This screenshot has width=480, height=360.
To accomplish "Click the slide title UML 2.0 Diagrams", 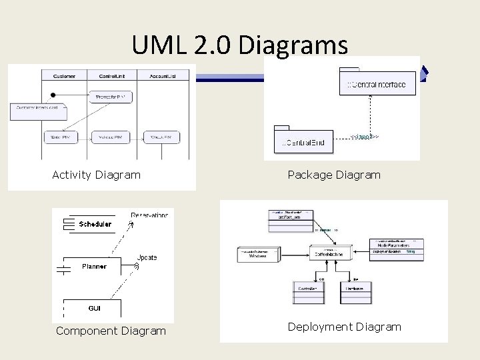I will [x=240, y=45].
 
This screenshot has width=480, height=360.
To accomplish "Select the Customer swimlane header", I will [x=64, y=75].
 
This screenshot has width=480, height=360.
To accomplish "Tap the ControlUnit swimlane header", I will [x=113, y=75].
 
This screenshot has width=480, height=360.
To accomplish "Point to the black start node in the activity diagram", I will [x=54, y=95].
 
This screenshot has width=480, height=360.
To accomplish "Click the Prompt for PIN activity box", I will [x=113, y=97].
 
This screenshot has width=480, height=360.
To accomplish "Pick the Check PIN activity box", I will [x=162, y=137].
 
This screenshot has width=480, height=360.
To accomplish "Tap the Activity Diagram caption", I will [x=97, y=175].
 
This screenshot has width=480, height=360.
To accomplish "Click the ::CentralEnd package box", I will [x=303, y=141].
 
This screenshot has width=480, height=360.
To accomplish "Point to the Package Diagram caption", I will [x=334, y=175].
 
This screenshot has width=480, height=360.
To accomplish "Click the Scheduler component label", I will [x=95, y=224].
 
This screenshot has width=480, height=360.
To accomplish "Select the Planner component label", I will [x=94, y=266].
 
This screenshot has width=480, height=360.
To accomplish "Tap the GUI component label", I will [x=95, y=308].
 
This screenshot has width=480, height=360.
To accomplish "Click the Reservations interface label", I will [x=150, y=215].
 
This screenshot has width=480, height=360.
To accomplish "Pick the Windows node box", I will [x=257, y=254].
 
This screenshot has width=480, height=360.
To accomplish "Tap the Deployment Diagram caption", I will [x=345, y=327].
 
